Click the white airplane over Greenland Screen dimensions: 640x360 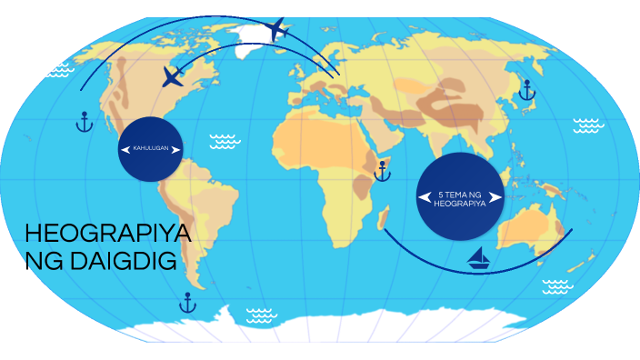click(278, 30)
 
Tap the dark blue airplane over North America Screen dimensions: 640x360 click(173, 76)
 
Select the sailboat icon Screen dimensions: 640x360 click(478, 259)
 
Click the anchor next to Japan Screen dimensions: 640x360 click(525, 90)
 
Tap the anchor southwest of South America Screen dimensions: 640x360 click(188, 303)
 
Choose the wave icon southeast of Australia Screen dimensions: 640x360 click(557, 287)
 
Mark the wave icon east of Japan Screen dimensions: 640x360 click(588, 124)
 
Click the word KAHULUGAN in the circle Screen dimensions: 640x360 click(150, 148)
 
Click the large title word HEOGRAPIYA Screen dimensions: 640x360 click(108, 234)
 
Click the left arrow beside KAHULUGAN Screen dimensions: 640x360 click(125, 148)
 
